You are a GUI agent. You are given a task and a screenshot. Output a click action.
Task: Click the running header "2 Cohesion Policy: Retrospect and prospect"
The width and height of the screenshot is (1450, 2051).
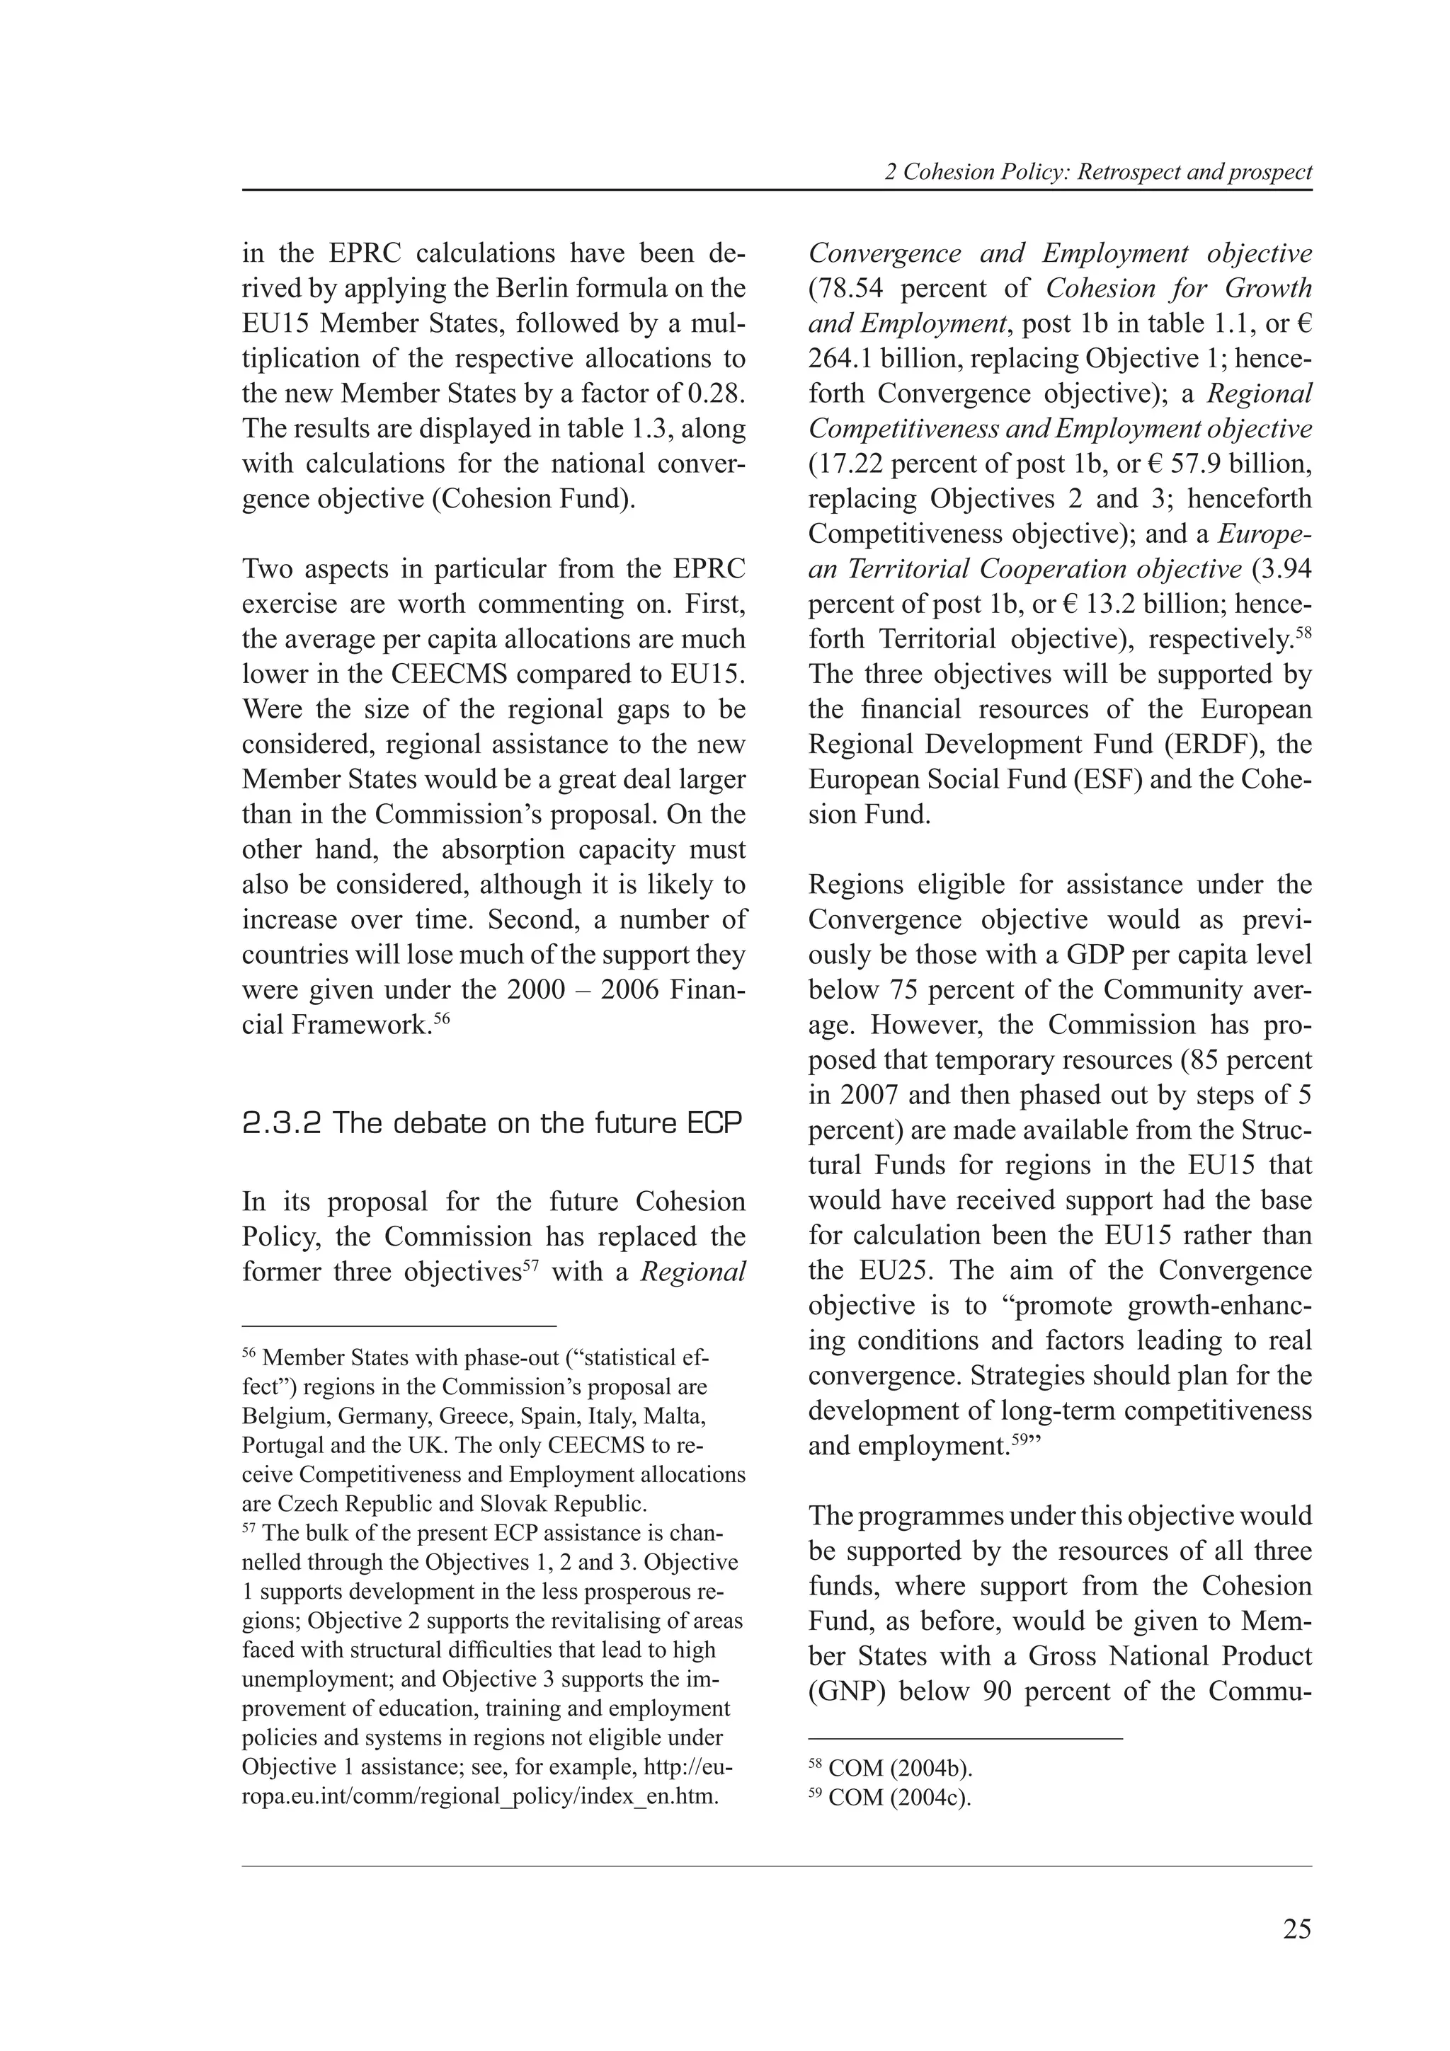click(x=1098, y=173)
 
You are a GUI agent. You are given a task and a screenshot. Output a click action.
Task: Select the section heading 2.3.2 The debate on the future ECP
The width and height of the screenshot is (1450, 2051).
click(x=492, y=1123)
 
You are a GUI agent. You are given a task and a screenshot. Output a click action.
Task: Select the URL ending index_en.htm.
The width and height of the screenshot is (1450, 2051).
click(x=481, y=1796)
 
